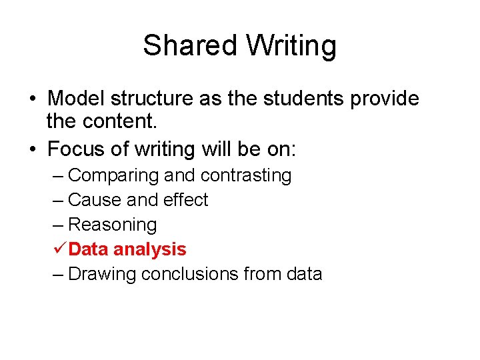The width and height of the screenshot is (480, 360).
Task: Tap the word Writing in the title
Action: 291,46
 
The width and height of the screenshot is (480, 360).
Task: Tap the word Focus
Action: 77,149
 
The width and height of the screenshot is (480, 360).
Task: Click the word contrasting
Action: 246,176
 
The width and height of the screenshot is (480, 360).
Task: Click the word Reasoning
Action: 112,225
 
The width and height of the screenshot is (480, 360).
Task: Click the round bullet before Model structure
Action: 32,99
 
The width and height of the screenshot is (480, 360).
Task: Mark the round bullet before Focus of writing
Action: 32,149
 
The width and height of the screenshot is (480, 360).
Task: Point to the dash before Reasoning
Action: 58,225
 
